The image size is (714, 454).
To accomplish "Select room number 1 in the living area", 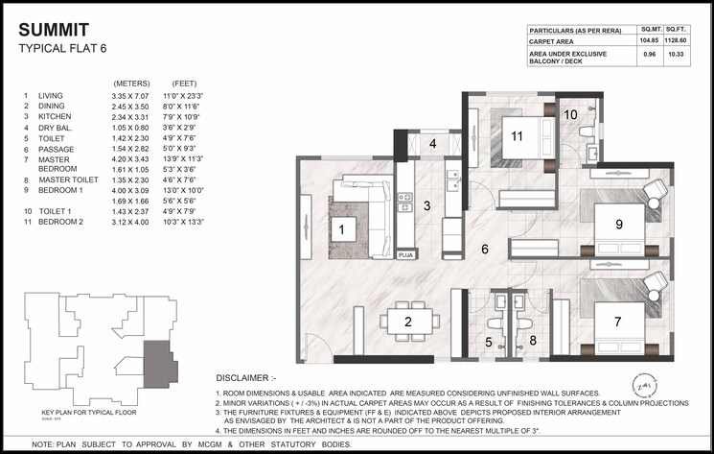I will tap(340, 228).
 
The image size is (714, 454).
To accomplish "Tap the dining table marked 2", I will tap(407, 322).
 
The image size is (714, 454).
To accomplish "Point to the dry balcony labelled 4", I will tap(432, 145).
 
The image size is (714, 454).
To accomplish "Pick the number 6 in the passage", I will tap(485, 250).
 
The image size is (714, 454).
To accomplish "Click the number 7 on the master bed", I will tap(617, 322).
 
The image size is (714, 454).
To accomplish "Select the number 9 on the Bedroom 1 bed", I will tap(619, 225).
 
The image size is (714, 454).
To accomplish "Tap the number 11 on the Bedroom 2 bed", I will tap(517, 136).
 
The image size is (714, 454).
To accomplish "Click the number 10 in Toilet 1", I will tap(570, 115).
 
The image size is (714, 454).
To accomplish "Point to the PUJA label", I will tap(405, 255).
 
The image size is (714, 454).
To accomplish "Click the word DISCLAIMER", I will tap(252, 376).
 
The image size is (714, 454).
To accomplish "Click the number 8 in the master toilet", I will tap(534, 340).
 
